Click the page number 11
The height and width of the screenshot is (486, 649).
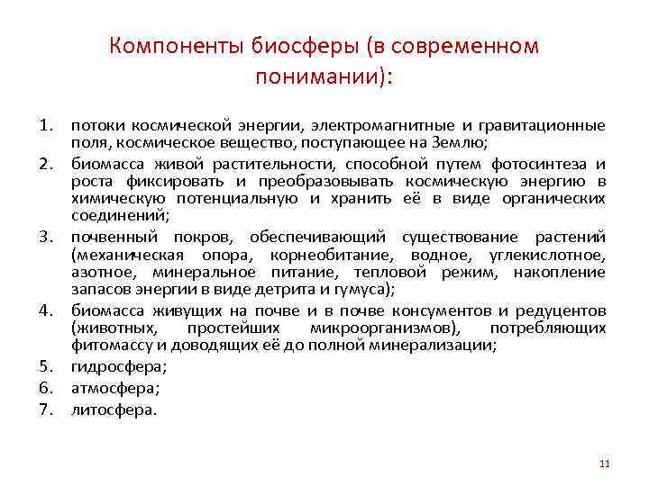605,463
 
